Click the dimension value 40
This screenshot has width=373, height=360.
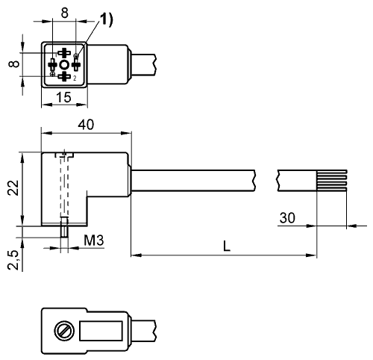[86, 125]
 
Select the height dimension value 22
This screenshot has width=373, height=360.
[13, 187]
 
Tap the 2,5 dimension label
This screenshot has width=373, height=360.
[13, 260]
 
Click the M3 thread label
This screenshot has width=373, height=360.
[94, 240]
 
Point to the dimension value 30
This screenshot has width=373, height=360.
[287, 218]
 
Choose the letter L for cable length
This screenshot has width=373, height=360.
[227, 246]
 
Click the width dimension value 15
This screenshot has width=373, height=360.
[63, 97]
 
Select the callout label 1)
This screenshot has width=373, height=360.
[107, 19]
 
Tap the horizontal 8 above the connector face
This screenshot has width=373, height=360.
[64, 13]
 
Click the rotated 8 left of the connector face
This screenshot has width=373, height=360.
[14, 63]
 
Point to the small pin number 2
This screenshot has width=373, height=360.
[75, 78]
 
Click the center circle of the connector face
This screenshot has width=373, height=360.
[64, 65]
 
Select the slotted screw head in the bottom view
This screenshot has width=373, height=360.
[64, 331]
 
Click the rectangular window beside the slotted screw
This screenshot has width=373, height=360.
[101, 331]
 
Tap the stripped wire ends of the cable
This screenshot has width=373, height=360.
[332, 181]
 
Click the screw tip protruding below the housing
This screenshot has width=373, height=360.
[64, 227]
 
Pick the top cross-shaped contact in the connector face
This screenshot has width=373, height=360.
[64, 53]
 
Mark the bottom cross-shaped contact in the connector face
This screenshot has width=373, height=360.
[64, 77]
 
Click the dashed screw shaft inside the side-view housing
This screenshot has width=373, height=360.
[64, 187]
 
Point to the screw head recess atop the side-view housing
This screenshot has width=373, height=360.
[64, 155]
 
